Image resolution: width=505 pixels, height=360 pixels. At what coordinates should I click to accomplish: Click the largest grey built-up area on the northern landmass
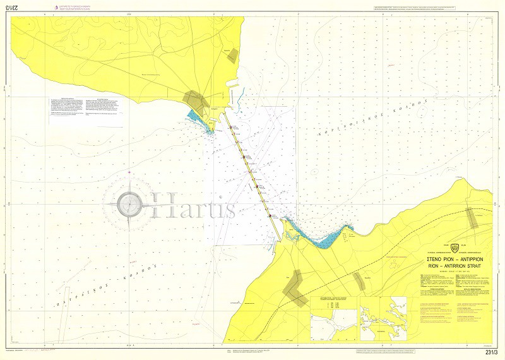pos(195,99)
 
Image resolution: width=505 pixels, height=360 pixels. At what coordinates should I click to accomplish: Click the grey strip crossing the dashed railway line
pos(472,218)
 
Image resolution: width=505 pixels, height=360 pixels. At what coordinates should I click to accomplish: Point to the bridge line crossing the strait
pos(256,180)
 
